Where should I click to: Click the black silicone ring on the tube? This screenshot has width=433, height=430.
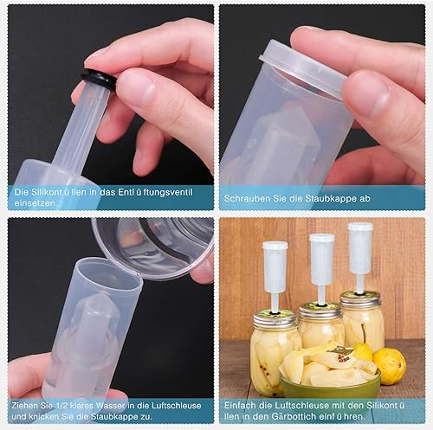tap(98, 79)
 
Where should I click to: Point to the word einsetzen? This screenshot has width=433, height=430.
tap(35, 202)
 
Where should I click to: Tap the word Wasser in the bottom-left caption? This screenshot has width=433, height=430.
tap(111, 406)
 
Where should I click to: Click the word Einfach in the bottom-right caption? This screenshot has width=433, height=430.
tap(240, 405)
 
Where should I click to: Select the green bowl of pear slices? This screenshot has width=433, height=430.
tap(330, 372)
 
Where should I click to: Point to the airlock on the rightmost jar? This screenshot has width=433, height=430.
tap(360, 257)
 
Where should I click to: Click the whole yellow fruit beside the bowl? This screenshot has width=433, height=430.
tap(390, 366)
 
